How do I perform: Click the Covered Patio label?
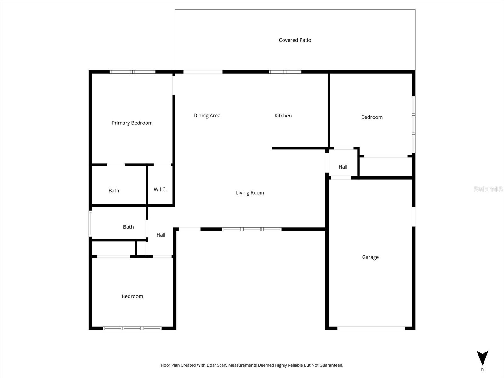click(295, 40)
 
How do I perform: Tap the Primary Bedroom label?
click(132, 123)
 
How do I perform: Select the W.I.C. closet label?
click(160, 189)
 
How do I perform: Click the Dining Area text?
click(207, 116)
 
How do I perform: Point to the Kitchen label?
click(283, 116)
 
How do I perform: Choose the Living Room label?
click(250, 193)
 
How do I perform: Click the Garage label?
click(370, 257)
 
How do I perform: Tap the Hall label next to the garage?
click(343, 167)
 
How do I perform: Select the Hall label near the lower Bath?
click(161, 235)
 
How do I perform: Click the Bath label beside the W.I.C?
click(114, 191)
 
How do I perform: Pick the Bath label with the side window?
click(128, 227)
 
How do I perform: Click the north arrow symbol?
click(482, 358)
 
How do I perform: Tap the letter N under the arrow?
click(482, 369)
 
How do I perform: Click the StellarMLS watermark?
click(488, 189)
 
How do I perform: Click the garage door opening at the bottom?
click(371, 328)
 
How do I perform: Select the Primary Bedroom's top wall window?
click(132, 72)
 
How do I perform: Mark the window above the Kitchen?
click(285, 72)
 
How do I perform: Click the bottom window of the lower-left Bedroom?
click(132, 328)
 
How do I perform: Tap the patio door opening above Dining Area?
click(203, 72)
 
